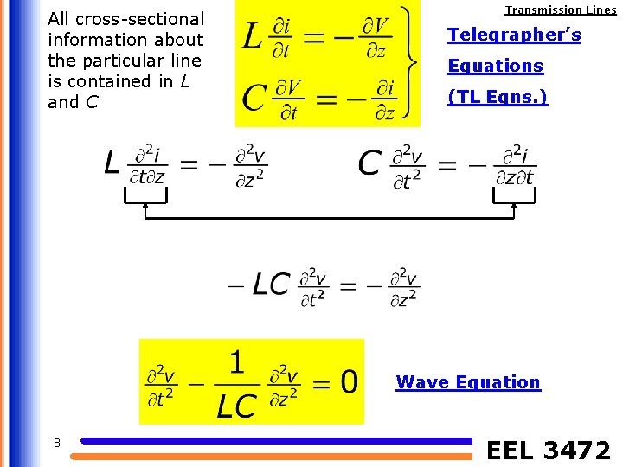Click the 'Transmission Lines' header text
pos(561,10)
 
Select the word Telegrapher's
pos(514,35)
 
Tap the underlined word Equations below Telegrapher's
pos(495,67)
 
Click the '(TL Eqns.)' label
pos(498,97)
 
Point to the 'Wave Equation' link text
pos(467,382)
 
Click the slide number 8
pos(56,444)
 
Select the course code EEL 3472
pos(549,451)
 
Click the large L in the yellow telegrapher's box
pos(253,35)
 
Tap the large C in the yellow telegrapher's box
pos(254,97)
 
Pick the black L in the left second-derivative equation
pos(112,162)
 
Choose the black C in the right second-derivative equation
pos(369,163)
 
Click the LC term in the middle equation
pos(271,284)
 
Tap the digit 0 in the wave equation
pos(348,381)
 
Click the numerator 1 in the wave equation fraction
pos(236,362)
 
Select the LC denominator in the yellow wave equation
pos(236,405)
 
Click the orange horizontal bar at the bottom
pos(277,456)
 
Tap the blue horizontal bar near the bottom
pos(277,441)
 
